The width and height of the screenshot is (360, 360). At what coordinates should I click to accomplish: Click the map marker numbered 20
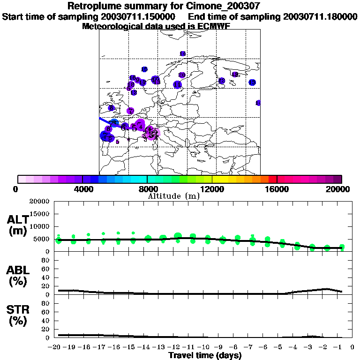182,75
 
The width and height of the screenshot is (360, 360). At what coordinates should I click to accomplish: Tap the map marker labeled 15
144,69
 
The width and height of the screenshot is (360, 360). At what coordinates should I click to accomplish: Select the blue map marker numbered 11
177,85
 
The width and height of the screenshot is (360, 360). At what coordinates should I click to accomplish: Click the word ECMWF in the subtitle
215,26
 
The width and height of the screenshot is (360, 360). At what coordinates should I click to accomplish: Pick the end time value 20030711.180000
320,17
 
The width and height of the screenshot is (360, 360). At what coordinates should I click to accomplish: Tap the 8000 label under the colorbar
147,189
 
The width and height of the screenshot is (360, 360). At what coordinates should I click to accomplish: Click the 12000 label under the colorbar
212,189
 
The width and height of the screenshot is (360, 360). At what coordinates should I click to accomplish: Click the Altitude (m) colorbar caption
173,196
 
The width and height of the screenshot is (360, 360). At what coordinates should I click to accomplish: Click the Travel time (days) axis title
205,355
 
